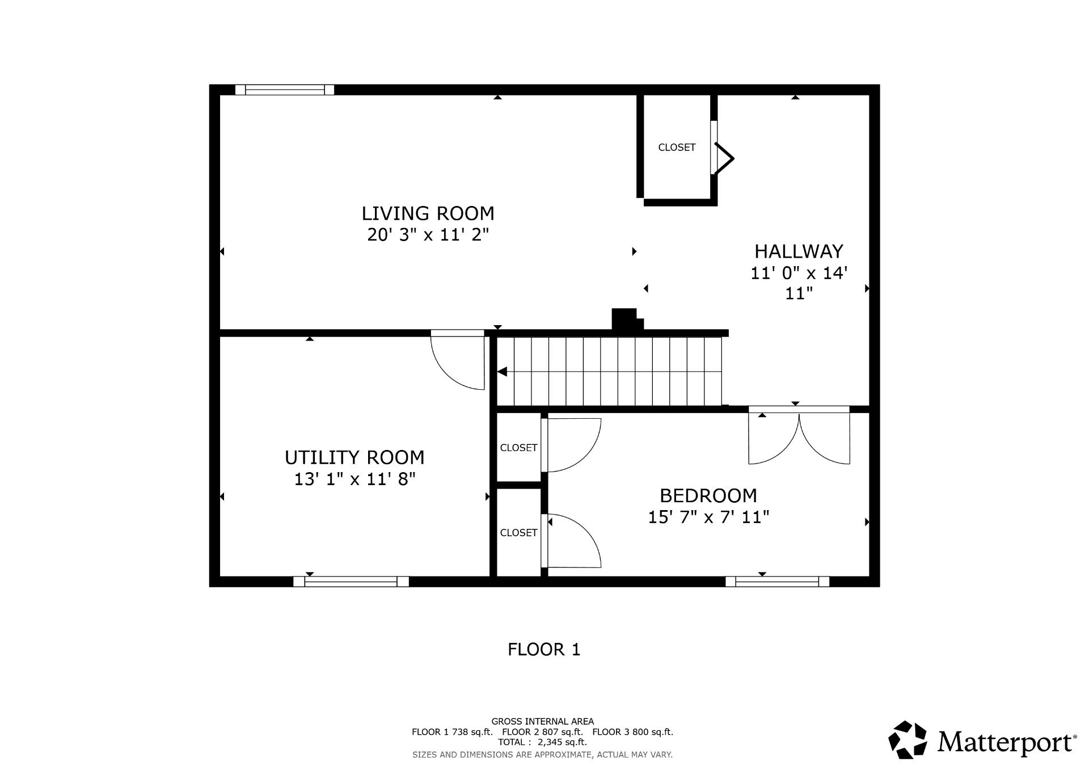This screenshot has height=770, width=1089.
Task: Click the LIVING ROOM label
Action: coord(428,213)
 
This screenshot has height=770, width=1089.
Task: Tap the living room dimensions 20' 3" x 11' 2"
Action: coord(428,234)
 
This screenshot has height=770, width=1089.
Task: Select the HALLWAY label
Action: coord(799,251)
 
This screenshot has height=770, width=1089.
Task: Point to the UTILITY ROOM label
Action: coord(354,457)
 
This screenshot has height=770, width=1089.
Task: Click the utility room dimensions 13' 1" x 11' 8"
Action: coord(354,479)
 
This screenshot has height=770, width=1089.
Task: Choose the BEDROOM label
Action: coord(708,496)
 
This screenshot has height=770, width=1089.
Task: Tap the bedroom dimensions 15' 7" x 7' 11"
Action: coord(708,517)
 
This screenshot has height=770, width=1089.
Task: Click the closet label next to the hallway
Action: coord(677,148)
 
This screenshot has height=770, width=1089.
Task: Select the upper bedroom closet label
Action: coord(518,448)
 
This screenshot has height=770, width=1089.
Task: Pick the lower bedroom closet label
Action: coord(518,533)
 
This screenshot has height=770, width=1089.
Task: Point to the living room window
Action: coord(285,90)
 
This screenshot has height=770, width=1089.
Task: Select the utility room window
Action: coord(351,581)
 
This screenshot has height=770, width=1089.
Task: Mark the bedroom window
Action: coord(778,581)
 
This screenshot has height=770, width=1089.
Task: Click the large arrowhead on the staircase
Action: coord(502,372)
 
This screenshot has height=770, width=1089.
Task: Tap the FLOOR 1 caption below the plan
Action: coord(544,649)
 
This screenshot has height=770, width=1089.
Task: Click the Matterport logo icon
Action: coord(907,740)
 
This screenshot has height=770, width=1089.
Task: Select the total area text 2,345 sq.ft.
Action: coord(562,742)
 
